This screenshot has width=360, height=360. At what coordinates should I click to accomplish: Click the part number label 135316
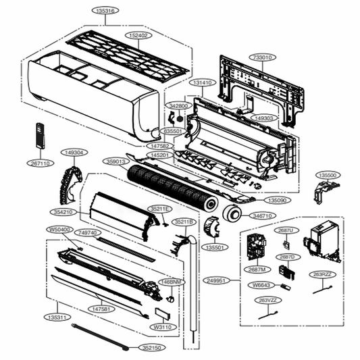[x=105, y=11]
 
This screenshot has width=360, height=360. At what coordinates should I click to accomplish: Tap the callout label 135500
[x=328, y=174]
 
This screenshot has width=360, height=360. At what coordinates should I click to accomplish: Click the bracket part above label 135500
[x=324, y=192]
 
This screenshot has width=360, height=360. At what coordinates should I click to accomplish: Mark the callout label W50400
[x=59, y=230]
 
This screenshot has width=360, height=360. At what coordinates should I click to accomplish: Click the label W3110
[x=161, y=327]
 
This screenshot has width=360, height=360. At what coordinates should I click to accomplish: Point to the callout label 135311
[x=57, y=316]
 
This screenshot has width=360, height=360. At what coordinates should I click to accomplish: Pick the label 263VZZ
[x=269, y=300]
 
